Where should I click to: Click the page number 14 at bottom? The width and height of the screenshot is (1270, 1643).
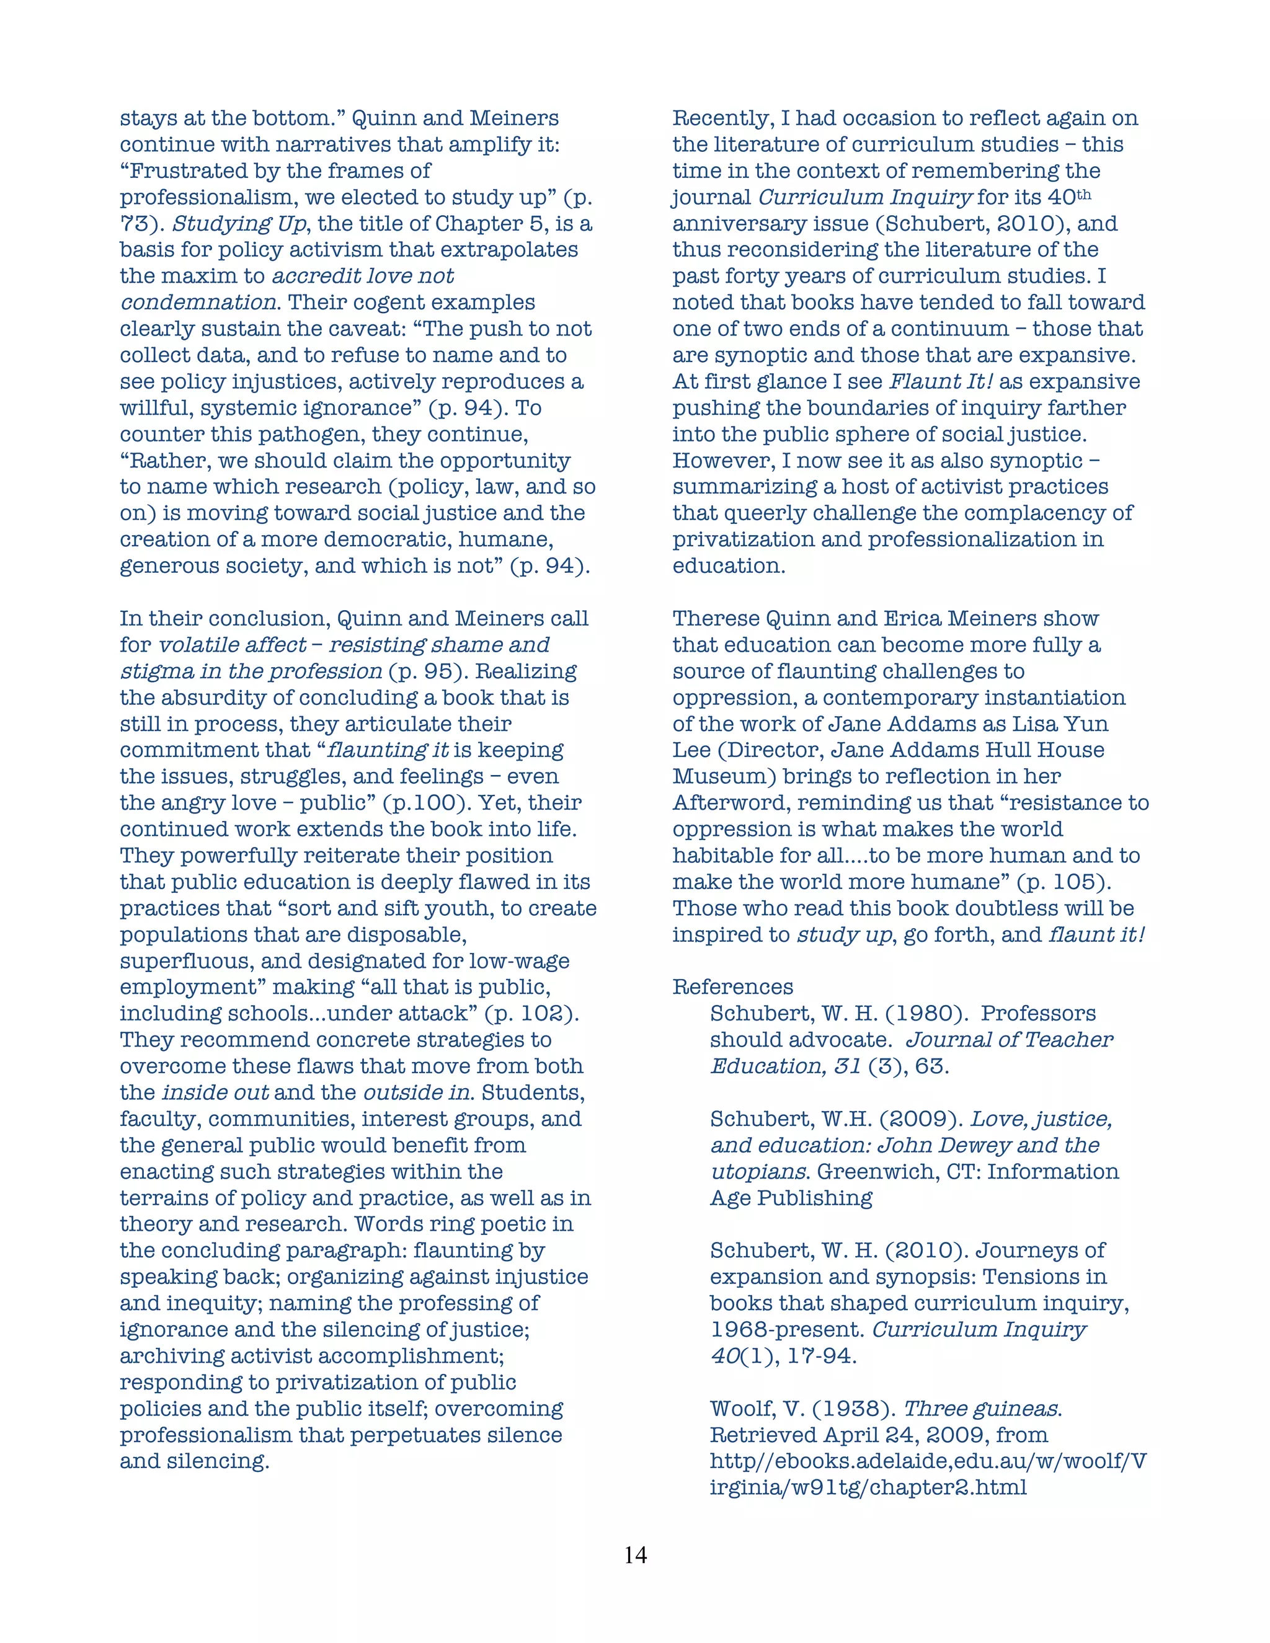pos(635,1555)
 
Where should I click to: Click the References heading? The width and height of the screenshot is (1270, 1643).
pos(733,987)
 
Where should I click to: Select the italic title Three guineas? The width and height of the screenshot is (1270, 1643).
pos(982,1408)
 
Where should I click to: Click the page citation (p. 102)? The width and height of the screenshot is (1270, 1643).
pos(532,1013)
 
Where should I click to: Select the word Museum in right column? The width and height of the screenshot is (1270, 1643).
pos(720,776)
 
